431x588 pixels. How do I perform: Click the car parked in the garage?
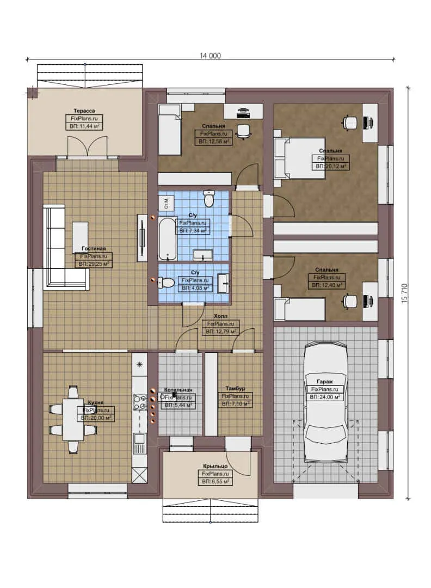[x=326, y=403]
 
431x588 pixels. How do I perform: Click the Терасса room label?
[x=84, y=110]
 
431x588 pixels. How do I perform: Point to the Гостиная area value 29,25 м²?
[x=94, y=264]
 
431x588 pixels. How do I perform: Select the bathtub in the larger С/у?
[x=167, y=239]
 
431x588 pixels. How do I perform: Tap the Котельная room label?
[x=177, y=390]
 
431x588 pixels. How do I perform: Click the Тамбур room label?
[x=235, y=388]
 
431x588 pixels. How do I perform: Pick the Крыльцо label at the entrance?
[x=215, y=467]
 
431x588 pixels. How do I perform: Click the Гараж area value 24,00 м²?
[x=325, y=397]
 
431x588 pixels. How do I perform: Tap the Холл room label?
[x=220, y=316]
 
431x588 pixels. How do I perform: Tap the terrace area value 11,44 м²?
[x=84, y=126]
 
